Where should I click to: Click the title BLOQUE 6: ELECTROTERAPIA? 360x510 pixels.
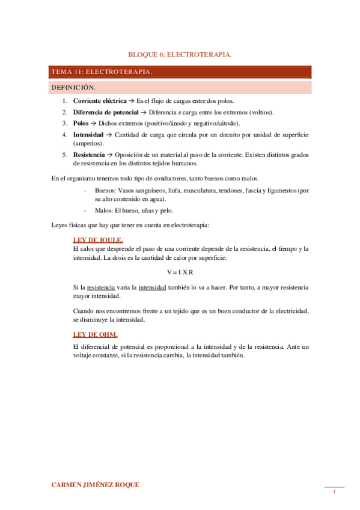pos(180,55)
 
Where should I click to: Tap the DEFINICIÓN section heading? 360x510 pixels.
pos(73,88)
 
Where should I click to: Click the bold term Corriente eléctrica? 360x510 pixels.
pos(100,100)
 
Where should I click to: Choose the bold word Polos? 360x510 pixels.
pos(81,123)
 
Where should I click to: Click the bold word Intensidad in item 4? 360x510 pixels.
pos(88,134)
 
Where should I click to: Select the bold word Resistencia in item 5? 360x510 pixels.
pos(90,154)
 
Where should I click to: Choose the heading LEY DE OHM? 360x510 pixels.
pos(95,334)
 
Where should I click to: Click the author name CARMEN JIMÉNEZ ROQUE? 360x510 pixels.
pos(96,484)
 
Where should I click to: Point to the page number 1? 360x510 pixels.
pos(334,493)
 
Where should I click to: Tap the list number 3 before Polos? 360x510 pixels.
pos(64,123)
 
